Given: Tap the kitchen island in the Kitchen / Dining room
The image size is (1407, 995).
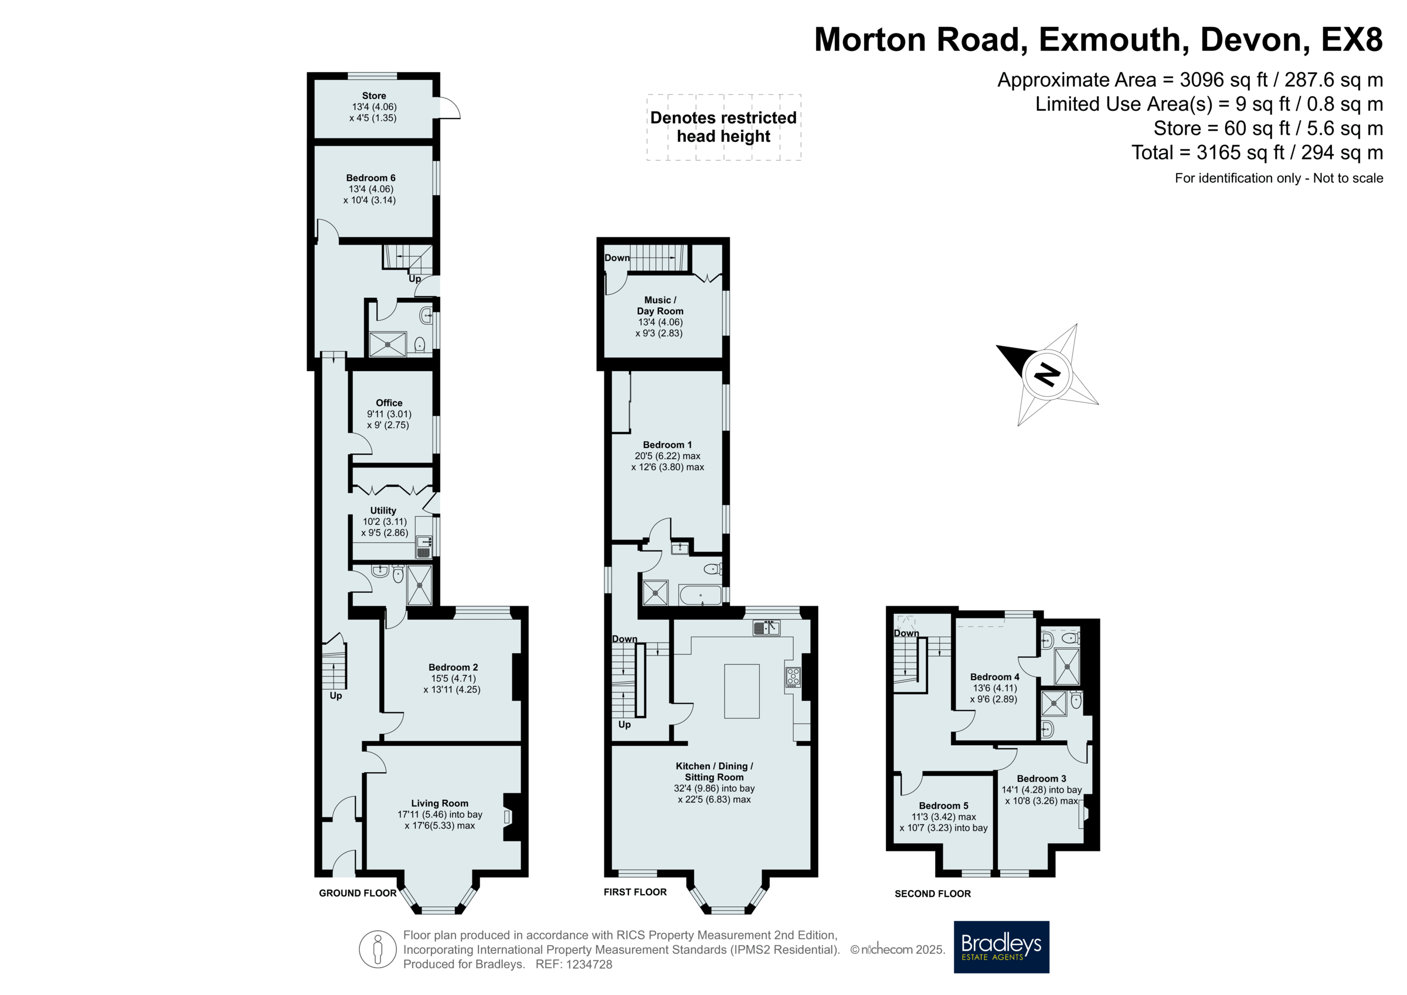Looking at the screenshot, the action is pyautogui.click(x=742, y=691).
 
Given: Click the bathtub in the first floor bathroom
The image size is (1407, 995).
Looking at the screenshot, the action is pyautogui.click(x=700, y=595).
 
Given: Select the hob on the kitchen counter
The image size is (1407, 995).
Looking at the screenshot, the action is pyautogui.click(x=793, y=677).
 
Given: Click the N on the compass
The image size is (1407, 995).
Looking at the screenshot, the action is pyautogui.click(x=1047, y=374).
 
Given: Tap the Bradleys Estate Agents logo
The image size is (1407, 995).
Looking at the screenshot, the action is pyautogui.click(x=1001, y=946).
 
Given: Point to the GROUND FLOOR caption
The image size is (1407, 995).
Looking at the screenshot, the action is pyautogui.click(x=357, y=893).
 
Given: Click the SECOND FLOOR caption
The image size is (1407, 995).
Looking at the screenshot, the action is pyautogui.click(x=933, y=894).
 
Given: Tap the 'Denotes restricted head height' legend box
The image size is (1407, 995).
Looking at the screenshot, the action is pyautogui.click(x=723, y=127).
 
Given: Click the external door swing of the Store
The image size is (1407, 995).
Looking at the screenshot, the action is pyautogui.click(x=450, y=108).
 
